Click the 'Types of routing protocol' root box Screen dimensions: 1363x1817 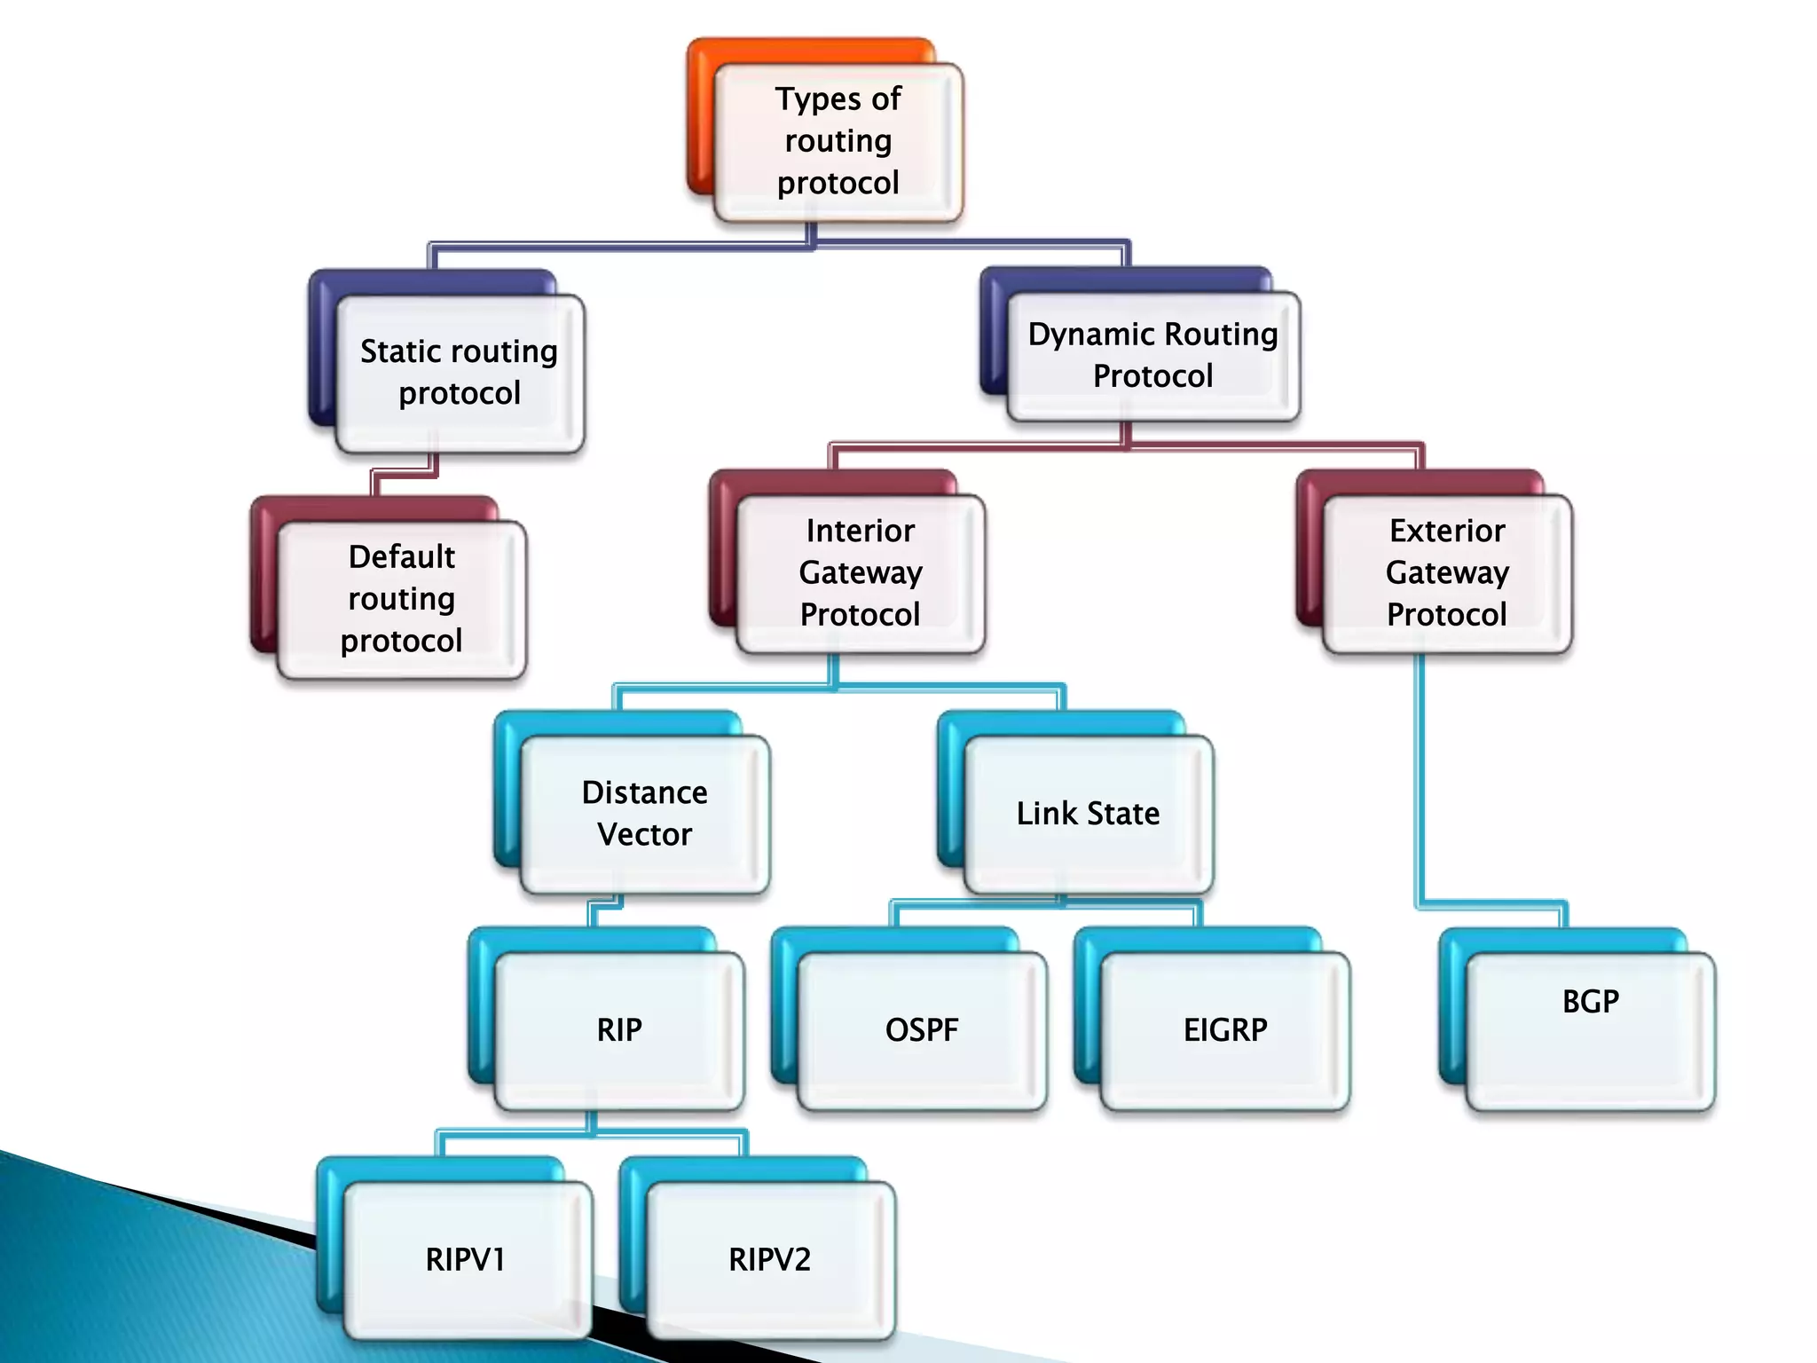pos(838,142)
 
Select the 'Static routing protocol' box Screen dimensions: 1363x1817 pos(460,373)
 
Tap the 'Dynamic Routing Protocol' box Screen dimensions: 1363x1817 pos(1153,355)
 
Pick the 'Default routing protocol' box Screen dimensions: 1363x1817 pos(402,599)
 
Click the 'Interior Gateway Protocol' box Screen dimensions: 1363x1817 pos(861,573)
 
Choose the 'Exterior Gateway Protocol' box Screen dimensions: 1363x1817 pos(1447,573)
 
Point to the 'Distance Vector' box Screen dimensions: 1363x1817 pos(645,814)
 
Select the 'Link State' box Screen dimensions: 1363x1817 pos(1088,814)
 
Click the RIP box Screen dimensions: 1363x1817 pos(619,1030)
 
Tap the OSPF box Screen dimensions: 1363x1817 pos(923,1030)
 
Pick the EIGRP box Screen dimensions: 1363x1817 pos(1225,1030)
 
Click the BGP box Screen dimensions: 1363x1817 pos(1591,1029)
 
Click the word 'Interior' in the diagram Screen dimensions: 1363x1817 pos(861,531)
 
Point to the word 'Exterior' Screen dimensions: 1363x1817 pos(1447,531)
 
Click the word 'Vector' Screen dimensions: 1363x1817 pos(645,835)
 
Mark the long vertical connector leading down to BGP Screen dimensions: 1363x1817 pos(1420,781)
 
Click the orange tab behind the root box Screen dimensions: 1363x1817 pos(701,115)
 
